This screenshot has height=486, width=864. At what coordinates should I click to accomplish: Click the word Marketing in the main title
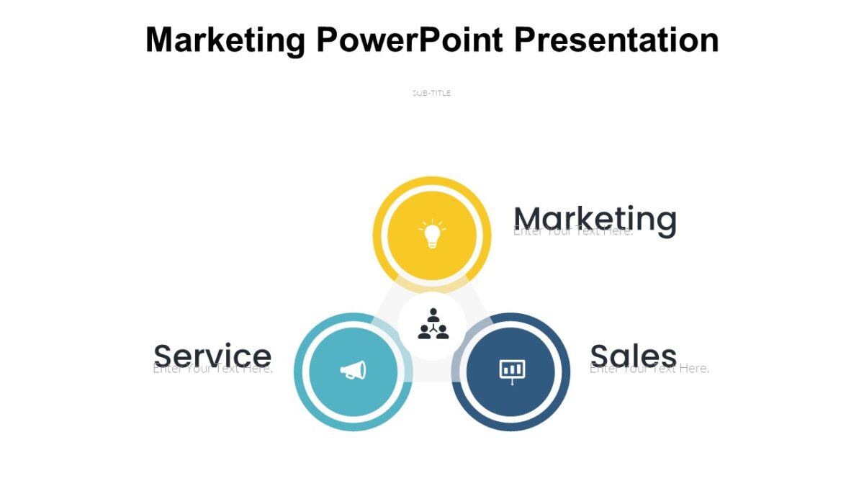point(225,40)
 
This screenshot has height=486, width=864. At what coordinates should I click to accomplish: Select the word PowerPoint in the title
point(409,40)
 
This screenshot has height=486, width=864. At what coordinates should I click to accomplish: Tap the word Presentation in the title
point(616,40)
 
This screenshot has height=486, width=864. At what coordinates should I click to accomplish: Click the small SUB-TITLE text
point(431,93)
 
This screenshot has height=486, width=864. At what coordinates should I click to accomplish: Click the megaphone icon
point(353,370)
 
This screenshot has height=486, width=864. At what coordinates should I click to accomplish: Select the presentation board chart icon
point(512,370)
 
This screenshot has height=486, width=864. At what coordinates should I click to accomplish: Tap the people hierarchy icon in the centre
point(433,325)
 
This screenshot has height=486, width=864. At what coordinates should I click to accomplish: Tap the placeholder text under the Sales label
point(649,369)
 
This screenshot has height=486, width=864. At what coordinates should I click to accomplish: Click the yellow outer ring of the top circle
point(432,183)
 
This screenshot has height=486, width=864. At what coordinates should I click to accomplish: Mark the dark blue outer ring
point(564,372)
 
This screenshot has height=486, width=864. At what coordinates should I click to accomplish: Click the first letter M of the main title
point(161,40)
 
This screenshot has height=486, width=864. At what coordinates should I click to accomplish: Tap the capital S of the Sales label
point(600,355)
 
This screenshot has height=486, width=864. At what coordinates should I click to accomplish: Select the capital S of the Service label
point(163,355)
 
